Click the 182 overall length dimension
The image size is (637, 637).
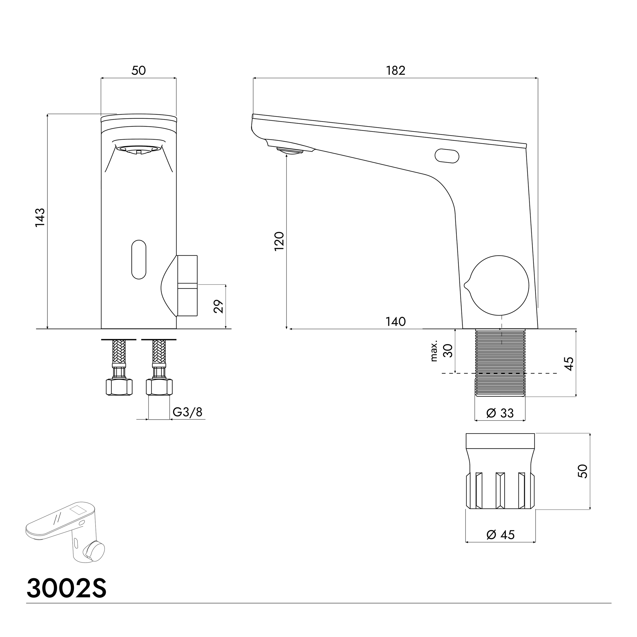coord(395,71)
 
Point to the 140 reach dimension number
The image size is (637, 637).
coord(395,322)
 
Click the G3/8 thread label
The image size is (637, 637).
coord(187,412)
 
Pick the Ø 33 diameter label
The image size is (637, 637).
coord(500,413)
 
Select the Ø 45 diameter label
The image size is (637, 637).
coord(500,535)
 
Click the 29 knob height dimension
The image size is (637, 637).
coord(219,306)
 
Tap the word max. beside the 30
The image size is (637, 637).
coord(434,351)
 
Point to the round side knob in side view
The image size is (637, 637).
coord(499,285)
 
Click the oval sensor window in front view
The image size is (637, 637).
coord(138,259)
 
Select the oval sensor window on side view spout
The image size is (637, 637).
coord(447,156)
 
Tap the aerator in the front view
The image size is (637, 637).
coord(138,149)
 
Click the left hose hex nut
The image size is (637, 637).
coord(119,387)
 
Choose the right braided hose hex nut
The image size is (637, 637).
coord(159,387)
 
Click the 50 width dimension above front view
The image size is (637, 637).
coord(138,71)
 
